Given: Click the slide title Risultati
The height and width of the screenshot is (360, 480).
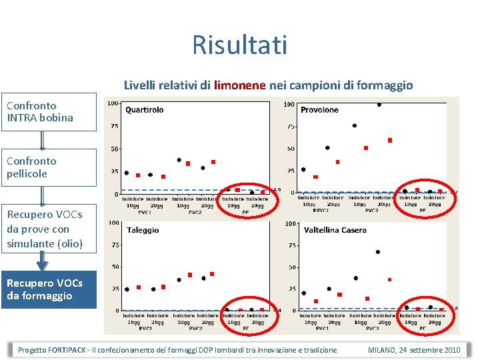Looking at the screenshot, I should point(239,45).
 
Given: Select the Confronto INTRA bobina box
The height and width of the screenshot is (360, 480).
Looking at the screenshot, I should point(48,112).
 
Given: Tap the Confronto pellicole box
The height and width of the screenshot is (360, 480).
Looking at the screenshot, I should point(48,167).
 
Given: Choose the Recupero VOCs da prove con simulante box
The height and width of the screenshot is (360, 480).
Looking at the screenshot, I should point(48,229).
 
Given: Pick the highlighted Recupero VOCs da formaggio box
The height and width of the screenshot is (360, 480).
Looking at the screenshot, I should point(48,289).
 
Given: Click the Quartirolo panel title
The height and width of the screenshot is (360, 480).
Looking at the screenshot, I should point(144,110).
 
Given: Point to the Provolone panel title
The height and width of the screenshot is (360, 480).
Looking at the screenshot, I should point(319,110).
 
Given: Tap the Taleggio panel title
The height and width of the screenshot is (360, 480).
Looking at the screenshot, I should point(143,230).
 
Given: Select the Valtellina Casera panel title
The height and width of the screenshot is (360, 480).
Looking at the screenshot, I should point(335,230).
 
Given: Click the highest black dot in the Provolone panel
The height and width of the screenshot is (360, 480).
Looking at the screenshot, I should point(379,105).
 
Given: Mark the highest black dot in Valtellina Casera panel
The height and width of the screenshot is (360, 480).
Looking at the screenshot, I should point(378,252).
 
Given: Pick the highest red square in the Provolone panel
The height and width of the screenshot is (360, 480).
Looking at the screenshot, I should point(390,141).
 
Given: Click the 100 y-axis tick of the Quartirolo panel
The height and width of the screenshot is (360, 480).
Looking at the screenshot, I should point(113,103).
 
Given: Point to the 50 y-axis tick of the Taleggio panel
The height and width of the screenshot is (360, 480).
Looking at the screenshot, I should point(115,267).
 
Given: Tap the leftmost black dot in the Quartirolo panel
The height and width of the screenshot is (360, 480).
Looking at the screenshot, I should point(127,173).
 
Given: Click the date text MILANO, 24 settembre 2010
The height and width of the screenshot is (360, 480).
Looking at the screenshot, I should point(414,350).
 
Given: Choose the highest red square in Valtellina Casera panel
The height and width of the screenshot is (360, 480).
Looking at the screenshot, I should point(389,279).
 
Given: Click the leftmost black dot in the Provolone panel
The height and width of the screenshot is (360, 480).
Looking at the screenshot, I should point(303,169).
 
